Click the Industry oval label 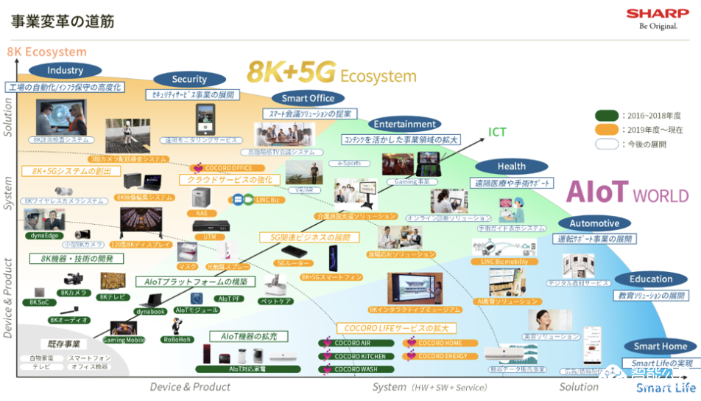pyautogui.click(x=65, y=71)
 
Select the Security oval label pyautogui.click(x=189, y=80)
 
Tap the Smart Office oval pyautogui.click(x=308, y=98)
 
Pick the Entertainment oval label pyautogui.click(x=404, y=124)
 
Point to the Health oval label pyautogui.click(x=511, y=167)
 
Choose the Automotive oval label pyautogui.click(x=594, y=223)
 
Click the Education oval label pyautogui.click(x=651, y=279)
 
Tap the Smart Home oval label pyautogui.click(x=660, y=346)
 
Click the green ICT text pyautogui.click(x=497, y=133)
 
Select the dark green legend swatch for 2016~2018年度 pyautogui.click(x=607, y=115)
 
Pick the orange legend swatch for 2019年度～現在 pyautogui.click(x=607, y=130)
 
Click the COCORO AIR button pyautogui.click(x=349, y=343)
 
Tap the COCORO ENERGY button pyautogui.click(x=441, y=356)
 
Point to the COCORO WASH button pyautogui.click(x=349, y=369)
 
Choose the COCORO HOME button pyautogui.click(x=441, y=343)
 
